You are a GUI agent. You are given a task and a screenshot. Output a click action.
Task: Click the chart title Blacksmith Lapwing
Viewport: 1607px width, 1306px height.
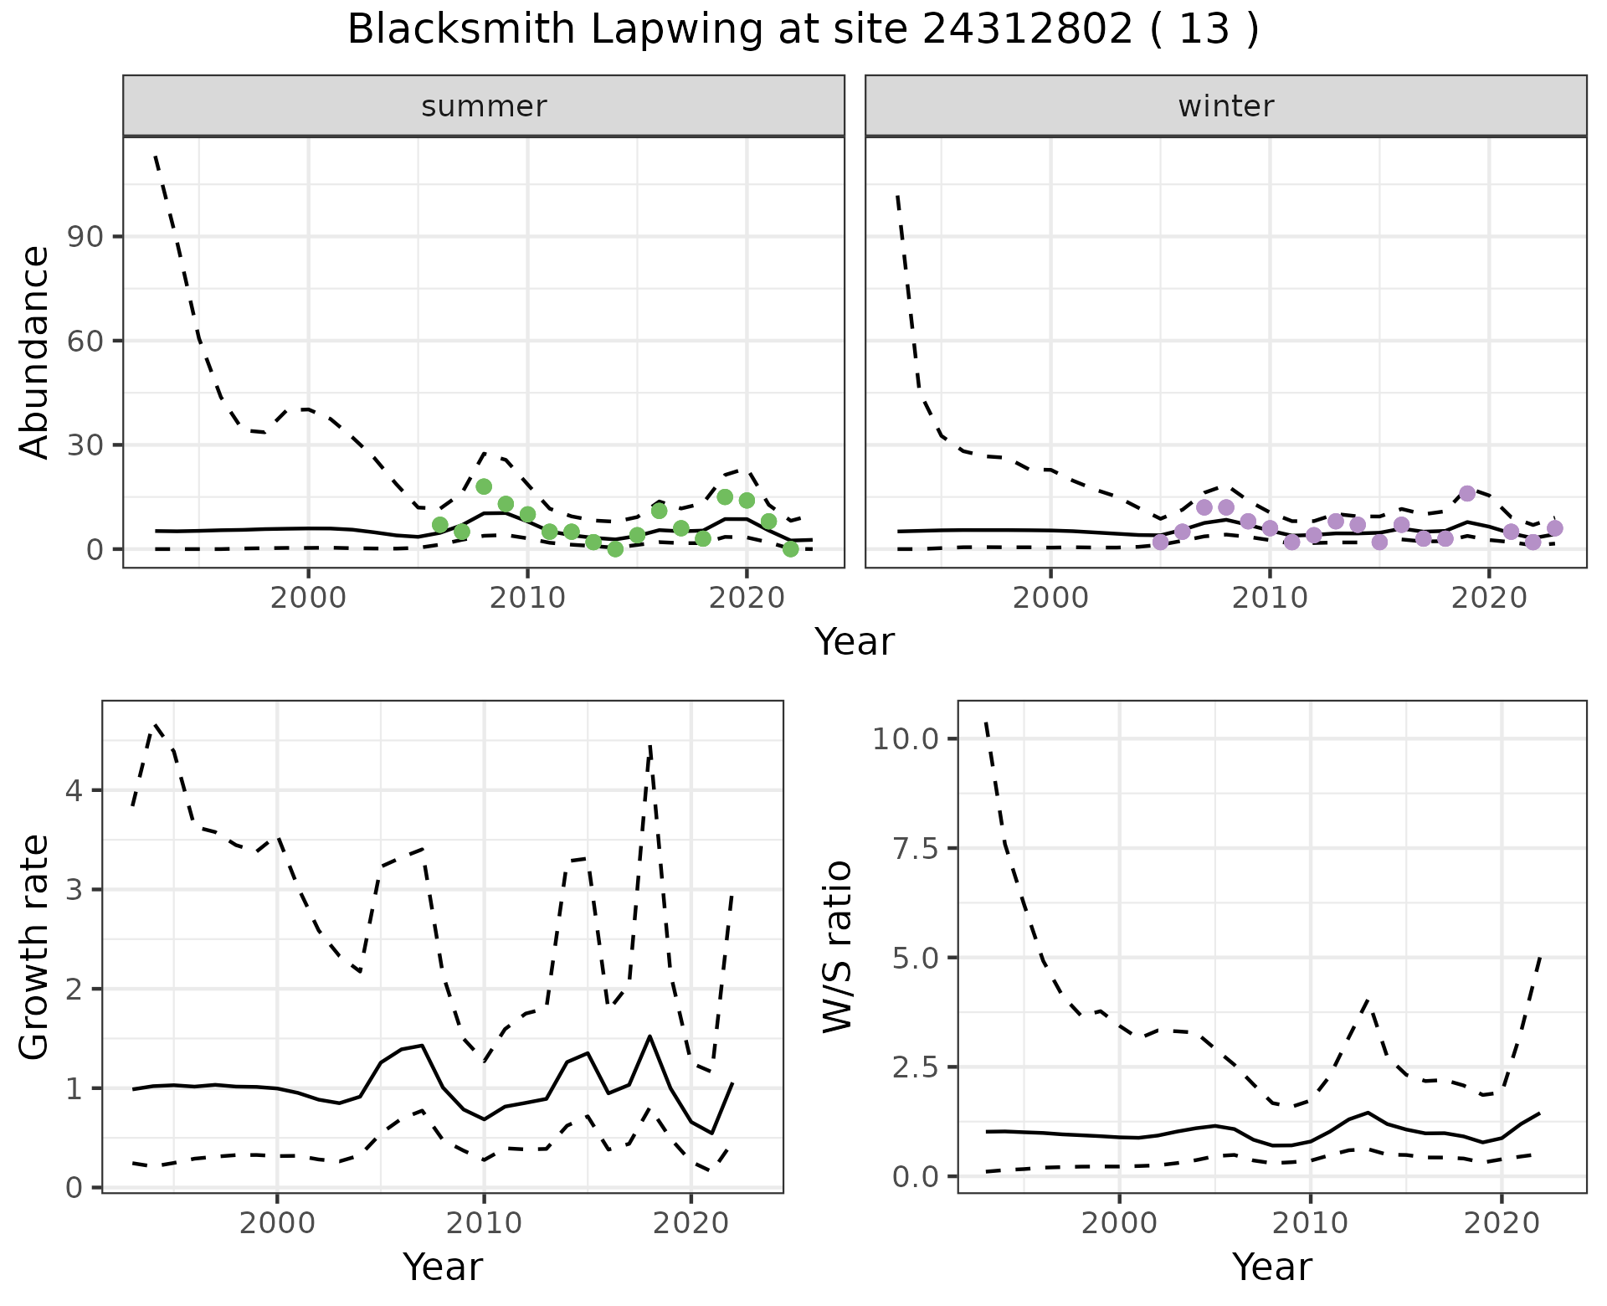tap(802, 30)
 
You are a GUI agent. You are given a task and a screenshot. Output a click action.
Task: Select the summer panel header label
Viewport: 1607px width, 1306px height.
tap(484, 106)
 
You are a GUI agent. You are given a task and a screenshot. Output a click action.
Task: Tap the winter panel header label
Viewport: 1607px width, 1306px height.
tap(1225, 106)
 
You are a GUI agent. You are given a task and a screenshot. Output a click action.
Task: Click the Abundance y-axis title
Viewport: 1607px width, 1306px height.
tap(35, 352)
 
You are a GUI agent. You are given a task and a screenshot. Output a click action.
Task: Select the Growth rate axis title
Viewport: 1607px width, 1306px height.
tap(35, 946)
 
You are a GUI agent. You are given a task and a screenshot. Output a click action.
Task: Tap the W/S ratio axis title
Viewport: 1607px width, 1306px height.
tap(837, 946)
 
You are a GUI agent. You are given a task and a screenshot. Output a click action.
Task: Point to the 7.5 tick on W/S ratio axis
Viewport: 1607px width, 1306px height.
tap(912, 848)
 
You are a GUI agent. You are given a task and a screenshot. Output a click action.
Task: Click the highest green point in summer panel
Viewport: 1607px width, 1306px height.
tap(484, 486)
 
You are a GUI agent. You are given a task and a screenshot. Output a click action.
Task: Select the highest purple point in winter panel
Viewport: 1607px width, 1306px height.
tap(1467, 493)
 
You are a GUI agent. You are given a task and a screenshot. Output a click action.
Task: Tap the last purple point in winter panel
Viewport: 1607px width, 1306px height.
tap(1555, 528)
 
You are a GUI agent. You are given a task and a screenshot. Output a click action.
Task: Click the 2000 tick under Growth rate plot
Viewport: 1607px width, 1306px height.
tap(277, 1223)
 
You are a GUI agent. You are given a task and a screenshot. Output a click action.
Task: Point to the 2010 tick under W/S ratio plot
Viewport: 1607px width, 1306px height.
tap(1310, 1223)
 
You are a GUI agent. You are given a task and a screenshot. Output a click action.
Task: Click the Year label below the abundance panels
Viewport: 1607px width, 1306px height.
tap(855, 642)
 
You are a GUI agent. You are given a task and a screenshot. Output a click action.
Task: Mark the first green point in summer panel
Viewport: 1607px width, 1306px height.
tap(440, 525)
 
